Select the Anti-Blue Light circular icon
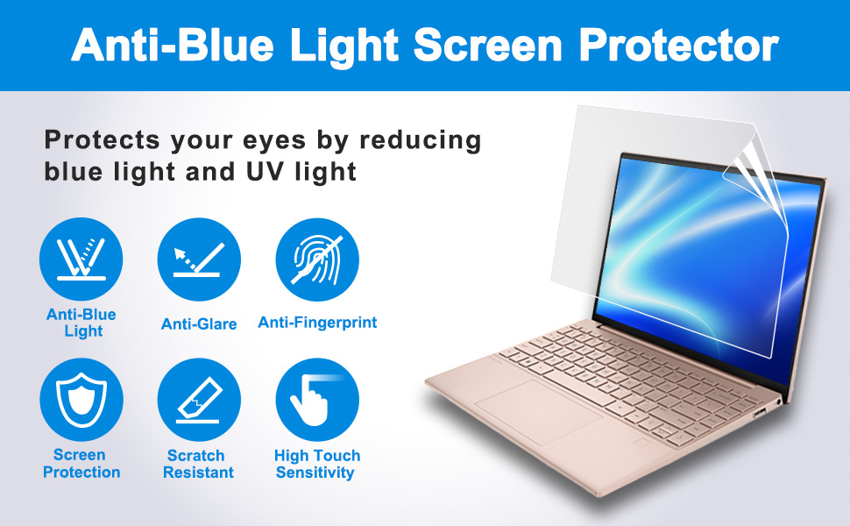(81, 259)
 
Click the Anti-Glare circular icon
(199, 259)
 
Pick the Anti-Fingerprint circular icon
(317, 259)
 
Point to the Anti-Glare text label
(199, 324)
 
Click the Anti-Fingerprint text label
(317, 323)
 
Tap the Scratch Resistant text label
(200, 464)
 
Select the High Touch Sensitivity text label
(317, 464)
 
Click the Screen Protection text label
(81, 464)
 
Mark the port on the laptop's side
(759, 411)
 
